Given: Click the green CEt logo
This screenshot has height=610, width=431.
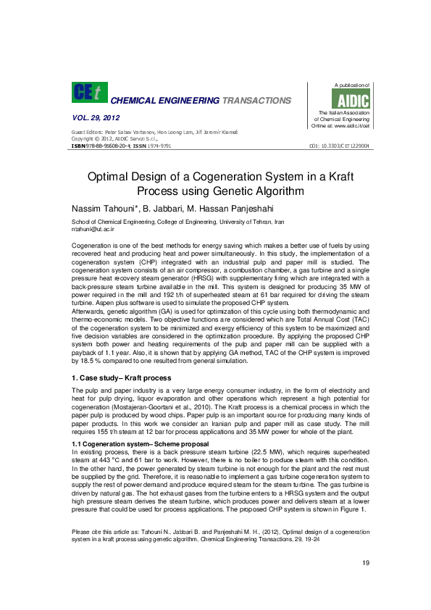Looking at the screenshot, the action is (x=88, y=92).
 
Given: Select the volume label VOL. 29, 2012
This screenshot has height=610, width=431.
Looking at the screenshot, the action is (x=96, y=117).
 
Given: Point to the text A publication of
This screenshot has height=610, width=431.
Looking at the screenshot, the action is (x=351, y=85).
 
